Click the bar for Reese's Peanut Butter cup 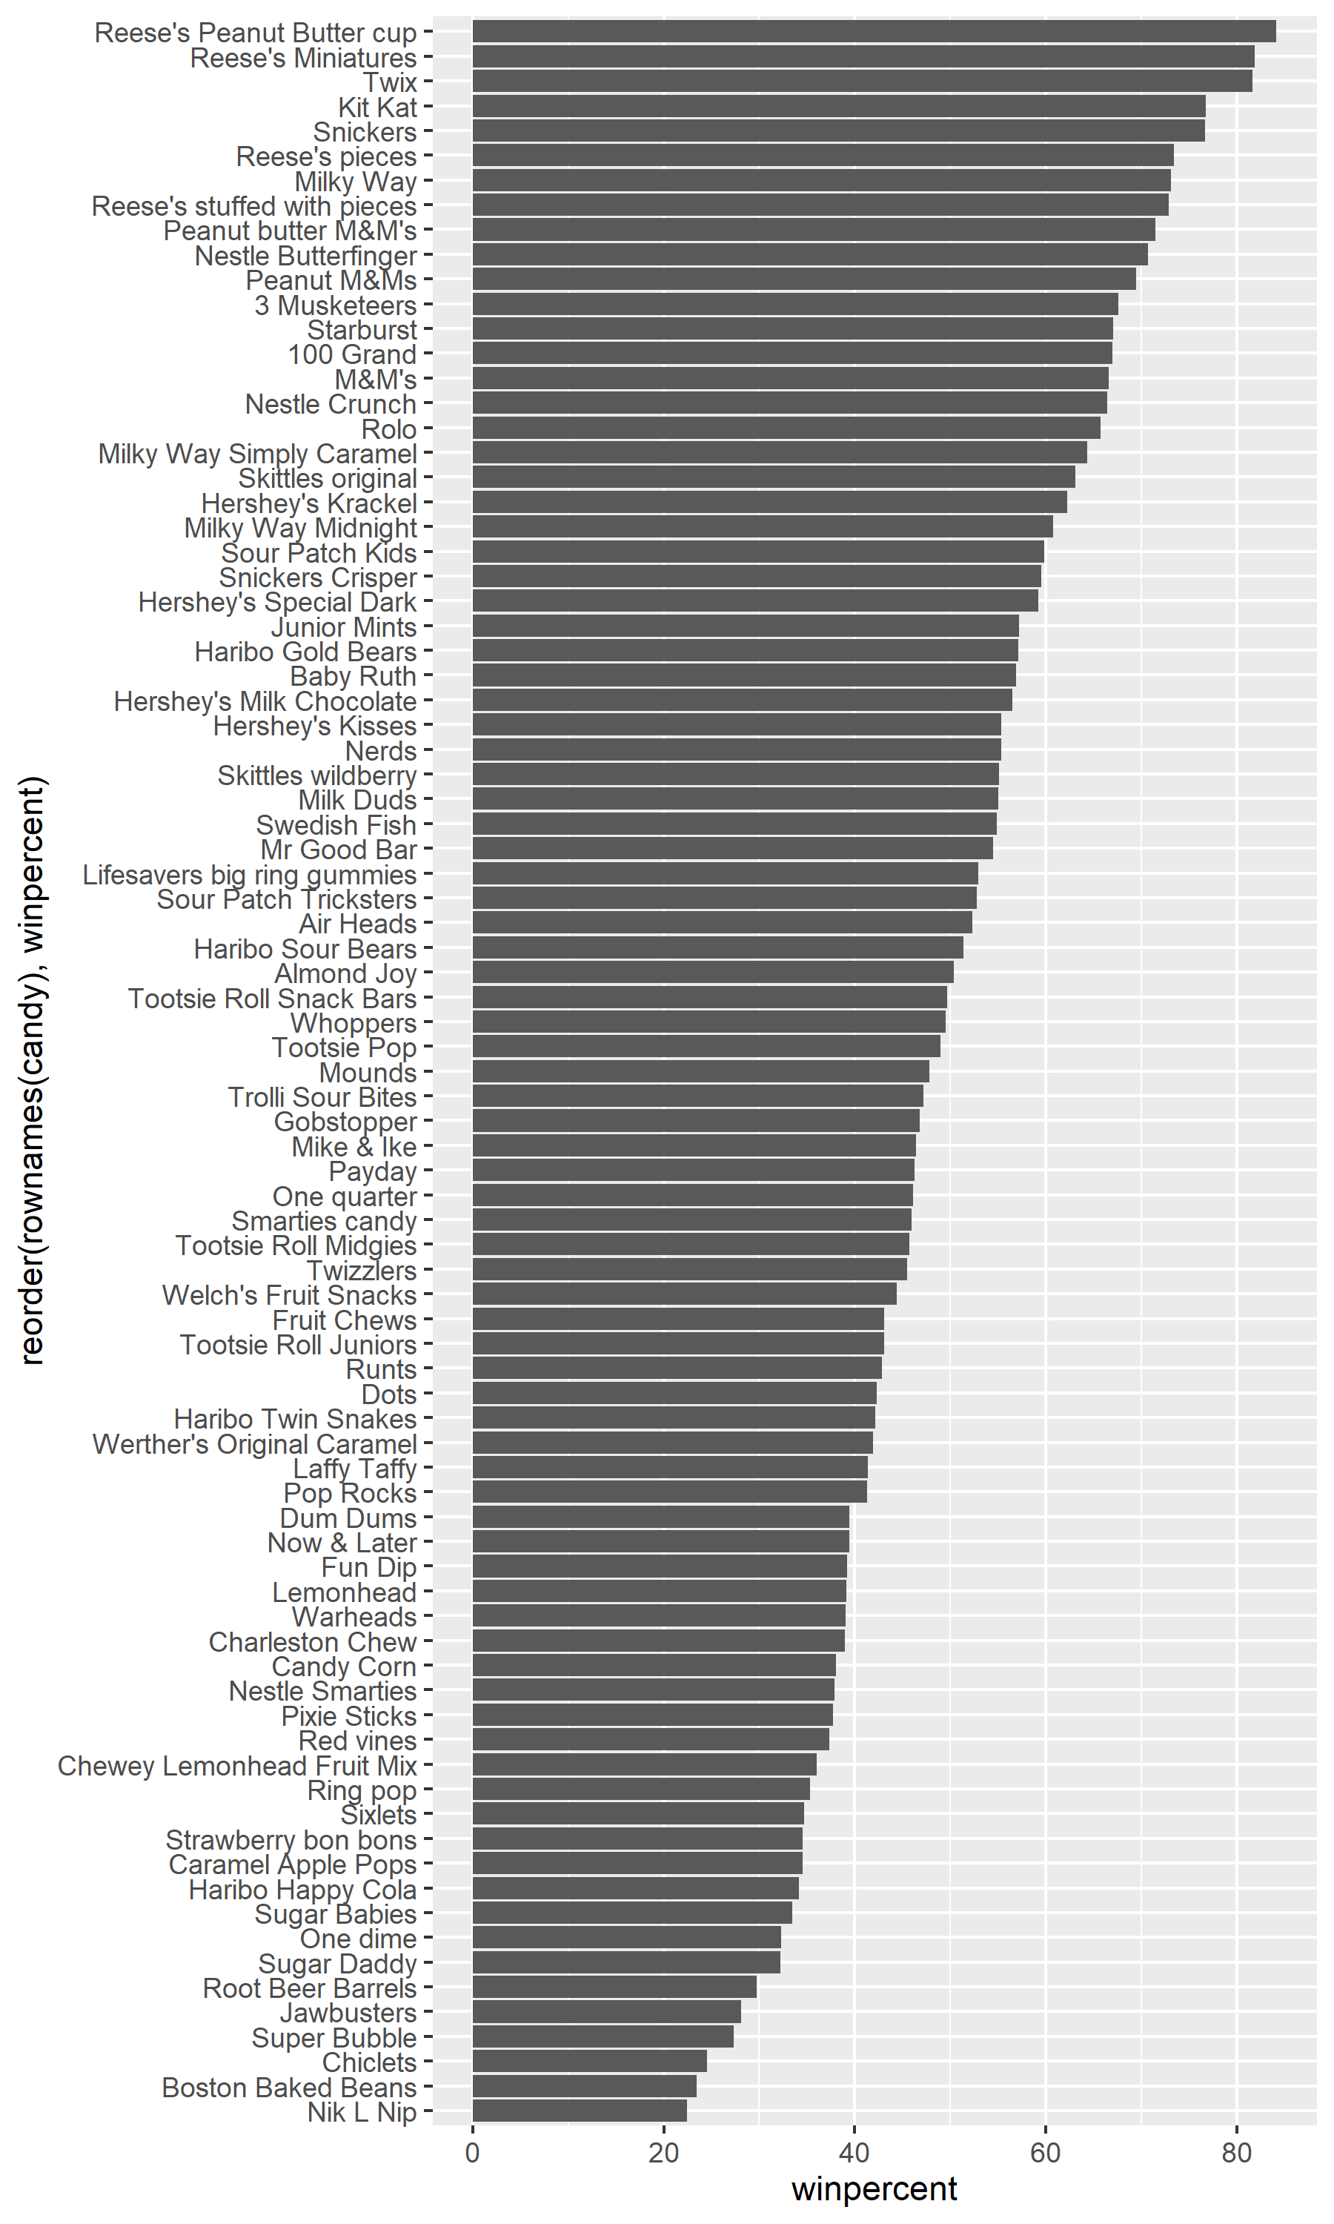click(873, 31)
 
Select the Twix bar click(861, 81)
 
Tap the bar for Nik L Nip click(579, 2111)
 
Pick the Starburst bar click(792, 329)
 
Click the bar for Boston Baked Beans click(583, 2085)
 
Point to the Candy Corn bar click(654, 1666)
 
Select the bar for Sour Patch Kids click(758, 552)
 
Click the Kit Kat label click(377, 107)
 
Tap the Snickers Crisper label click(317, 577)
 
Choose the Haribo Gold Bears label click(305, 652)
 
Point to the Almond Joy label click(345, 973)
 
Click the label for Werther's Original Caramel click(254, 1443)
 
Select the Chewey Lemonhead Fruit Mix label click(237, 1766)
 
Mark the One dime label click(358, 1938)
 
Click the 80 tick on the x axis click(1237, 2154)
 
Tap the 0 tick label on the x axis click(473, 2154)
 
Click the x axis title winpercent click(874, 2188)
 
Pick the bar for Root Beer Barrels click(614, 1987)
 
